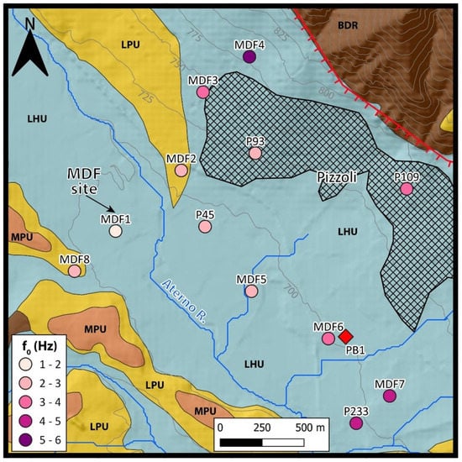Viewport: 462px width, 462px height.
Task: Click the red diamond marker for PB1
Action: (x=345, y=336)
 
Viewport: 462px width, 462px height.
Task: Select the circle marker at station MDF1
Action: (x=116, y=231)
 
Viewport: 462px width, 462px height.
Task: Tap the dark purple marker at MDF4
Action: (x=249, y=57)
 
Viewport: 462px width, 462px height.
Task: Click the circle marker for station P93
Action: (x=255, y=153)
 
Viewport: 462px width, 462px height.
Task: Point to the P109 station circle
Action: (x=407, y=189)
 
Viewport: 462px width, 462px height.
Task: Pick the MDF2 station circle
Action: (x=181, y=170)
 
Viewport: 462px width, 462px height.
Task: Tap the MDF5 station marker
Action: (x=251, y=291)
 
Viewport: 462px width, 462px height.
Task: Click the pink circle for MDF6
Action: (x=328, y=339)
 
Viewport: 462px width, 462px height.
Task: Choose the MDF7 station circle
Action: (x=388, y=396)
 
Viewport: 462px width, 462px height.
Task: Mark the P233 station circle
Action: (x=355, y=423)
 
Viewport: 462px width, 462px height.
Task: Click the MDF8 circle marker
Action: (x=75, y=270)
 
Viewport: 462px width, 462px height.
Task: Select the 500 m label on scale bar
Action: (x=309, y=427)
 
